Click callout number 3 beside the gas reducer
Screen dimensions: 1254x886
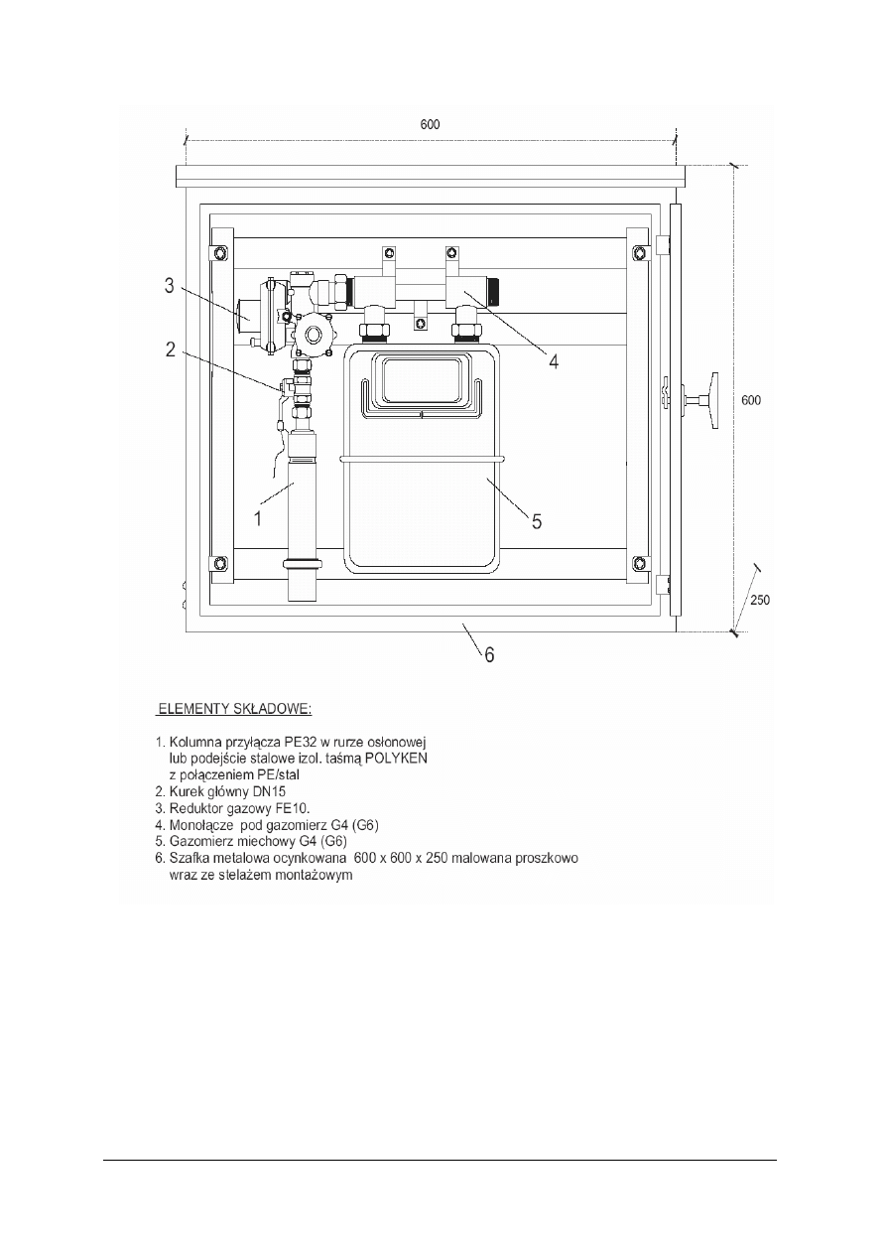click(171, 287)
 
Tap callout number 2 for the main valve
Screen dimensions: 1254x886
click(171, 348)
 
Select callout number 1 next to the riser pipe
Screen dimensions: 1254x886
click(257, 518)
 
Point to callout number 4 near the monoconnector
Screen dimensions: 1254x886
click(554, 362)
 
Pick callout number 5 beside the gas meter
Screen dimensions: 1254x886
click(536, 521)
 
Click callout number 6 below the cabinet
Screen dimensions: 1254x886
click(487, 654)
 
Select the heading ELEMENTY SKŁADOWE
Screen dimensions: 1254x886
click(234, 710)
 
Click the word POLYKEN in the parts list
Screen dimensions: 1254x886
click(392, 757)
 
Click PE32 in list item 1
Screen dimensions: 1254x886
click(290, 741)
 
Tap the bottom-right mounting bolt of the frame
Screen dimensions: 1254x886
click(639, 563)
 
